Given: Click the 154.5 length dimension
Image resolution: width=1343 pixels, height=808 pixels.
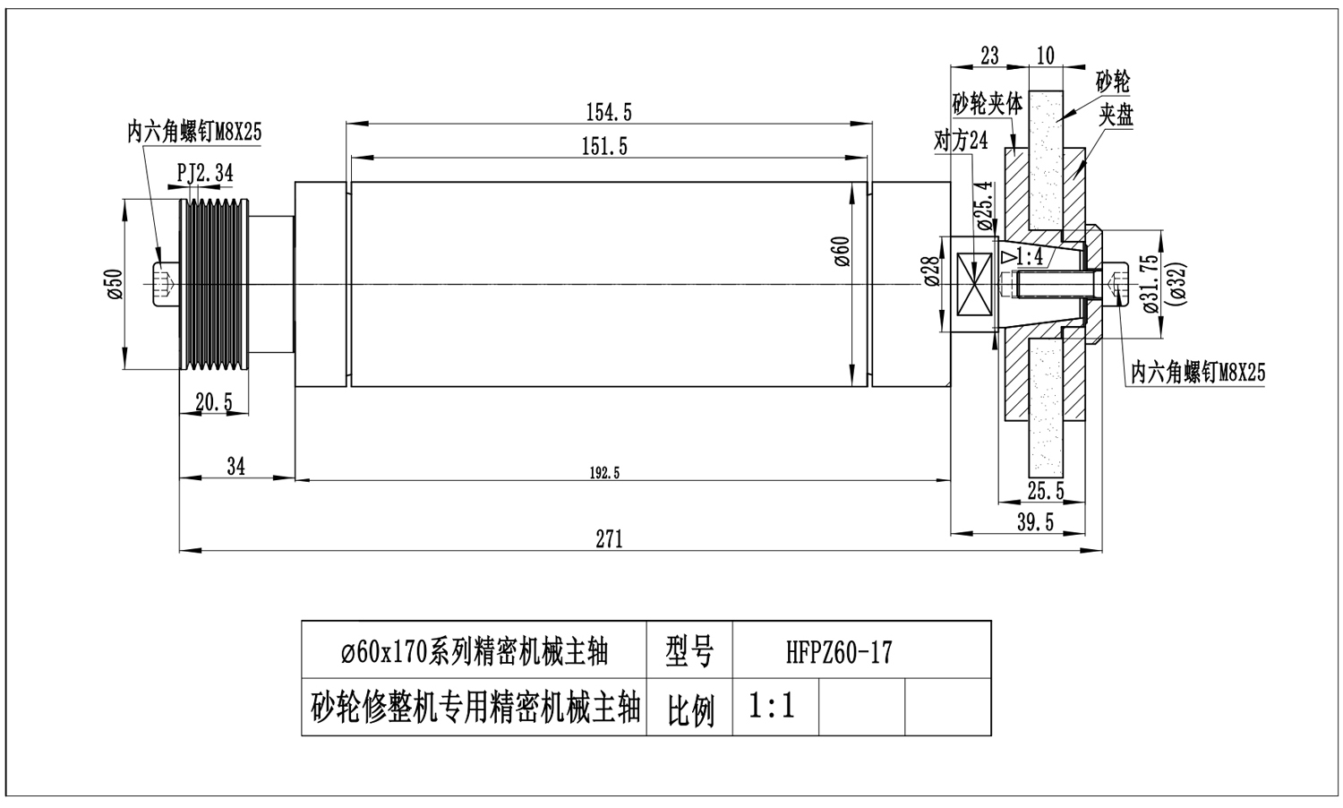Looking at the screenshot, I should (x=609, y=112).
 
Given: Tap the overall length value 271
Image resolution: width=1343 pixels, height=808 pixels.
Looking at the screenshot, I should (x=609, y=538).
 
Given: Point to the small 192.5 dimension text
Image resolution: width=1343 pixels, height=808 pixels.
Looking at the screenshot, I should (x=605, y=473).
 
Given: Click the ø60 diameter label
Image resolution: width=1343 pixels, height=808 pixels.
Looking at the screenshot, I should (x=841, y=252).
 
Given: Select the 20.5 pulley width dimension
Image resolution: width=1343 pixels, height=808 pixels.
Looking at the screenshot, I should (x=214, y=403).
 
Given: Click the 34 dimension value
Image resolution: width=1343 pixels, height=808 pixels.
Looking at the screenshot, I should (x=235, y=466).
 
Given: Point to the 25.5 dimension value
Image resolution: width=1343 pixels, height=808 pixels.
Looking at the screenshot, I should (x=1046, y=491).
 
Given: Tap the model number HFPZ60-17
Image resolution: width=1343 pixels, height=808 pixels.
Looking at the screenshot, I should (x=839, y=652).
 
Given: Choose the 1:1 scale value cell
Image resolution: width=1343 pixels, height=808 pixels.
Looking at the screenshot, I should (x=773, y=707).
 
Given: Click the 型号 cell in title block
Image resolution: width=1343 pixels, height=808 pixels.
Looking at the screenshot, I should (x=689, y=652).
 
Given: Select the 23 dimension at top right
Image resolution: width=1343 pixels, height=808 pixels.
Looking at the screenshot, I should (x=989, y=56).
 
